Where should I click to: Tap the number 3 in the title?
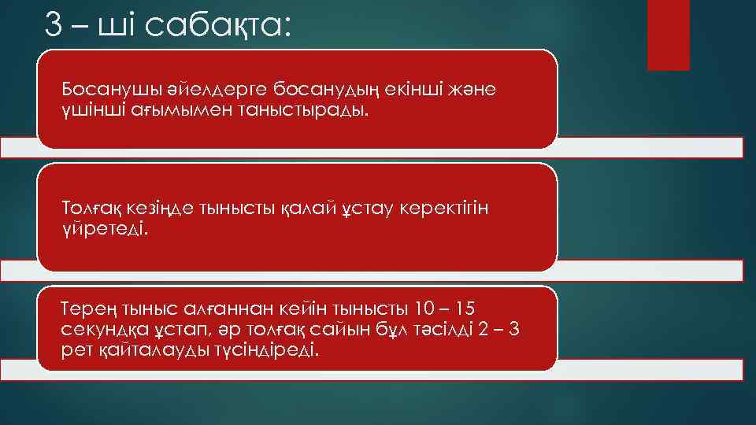tap(54, 25)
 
